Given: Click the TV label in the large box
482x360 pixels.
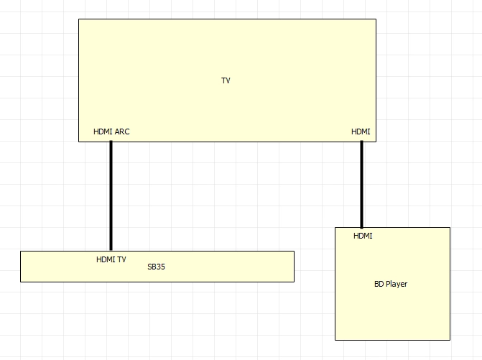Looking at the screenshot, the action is (226, 80).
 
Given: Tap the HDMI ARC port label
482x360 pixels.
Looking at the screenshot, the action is (111, 131).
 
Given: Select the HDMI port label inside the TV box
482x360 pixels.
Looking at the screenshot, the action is (361, 131).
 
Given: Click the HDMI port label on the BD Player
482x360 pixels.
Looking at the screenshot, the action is (363, 236).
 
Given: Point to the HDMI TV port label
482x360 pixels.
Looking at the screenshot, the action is (111, 259).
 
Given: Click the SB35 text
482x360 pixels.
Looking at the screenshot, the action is (156, 267).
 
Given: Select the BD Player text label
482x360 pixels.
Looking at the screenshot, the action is (391, 284).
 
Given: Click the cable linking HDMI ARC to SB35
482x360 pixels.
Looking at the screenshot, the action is (111, 196).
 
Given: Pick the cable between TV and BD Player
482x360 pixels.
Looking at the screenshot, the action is (361, 185).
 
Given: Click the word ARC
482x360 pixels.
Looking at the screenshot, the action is (122, 131).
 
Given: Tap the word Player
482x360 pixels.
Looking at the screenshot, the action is (397, 284).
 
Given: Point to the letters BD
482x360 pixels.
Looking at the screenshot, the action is (379, 284).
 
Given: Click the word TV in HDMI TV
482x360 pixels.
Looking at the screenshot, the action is (121, 259).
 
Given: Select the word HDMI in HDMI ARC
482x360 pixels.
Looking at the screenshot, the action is (103, 131).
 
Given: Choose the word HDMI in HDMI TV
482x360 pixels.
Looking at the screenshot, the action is (106, 259).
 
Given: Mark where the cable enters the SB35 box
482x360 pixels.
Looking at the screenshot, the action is (111, 251).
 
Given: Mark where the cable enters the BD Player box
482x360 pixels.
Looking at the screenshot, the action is (361, 228).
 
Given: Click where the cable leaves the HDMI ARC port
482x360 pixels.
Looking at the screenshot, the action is (111, 142).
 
